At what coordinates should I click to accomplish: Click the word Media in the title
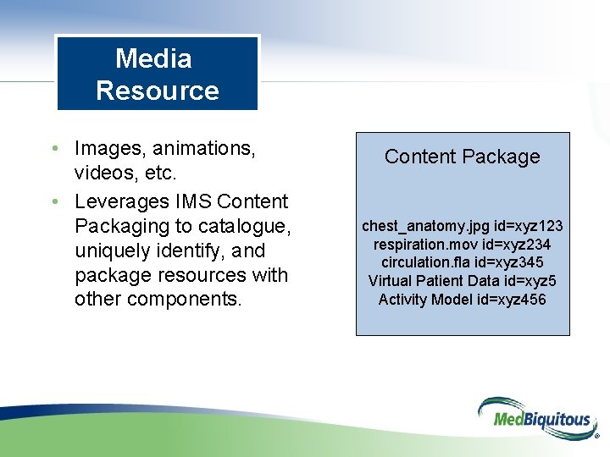[x=153, y=58]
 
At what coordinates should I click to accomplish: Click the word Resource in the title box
[x=158, y=91]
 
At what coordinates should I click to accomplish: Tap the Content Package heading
[x=462, y=157]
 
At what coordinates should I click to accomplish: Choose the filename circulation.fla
[x=426, y=262]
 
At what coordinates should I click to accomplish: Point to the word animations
[x=207, y=149]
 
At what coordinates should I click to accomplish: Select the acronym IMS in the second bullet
[x=194, y=201]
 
